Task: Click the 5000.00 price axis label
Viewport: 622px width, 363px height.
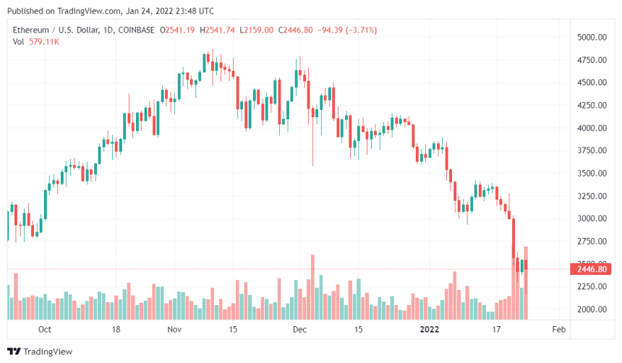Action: click(590, 37)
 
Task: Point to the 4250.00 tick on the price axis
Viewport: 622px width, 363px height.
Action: click(590, 106)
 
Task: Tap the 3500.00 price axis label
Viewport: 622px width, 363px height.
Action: click(590, 174)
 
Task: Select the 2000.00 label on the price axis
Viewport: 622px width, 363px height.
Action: click(590, 309)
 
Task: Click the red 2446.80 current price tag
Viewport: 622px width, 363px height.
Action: click(591, 270)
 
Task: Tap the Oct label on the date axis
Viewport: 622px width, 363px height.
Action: click(45, 330)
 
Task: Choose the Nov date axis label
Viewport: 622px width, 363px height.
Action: click(174, 330)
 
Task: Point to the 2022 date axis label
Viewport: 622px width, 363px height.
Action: click(429, 330)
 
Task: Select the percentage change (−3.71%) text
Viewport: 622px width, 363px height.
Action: click(358, 30)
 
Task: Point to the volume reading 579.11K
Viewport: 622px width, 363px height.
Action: click(43, 42)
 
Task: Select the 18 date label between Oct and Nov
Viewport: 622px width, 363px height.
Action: click(116, 330)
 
